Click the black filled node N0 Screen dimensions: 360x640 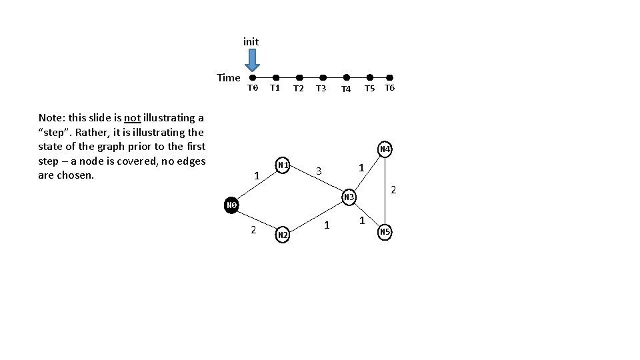point(231,205)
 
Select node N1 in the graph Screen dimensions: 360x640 point(283,165)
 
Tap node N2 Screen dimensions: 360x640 point(283,235)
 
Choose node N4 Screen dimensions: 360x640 point(385,149)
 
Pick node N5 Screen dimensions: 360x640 point(385,232)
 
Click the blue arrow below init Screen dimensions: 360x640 point(251,60)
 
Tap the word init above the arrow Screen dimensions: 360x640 point(251,41)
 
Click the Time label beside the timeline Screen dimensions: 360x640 point(228,77)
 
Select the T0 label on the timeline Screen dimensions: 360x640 point(252,88)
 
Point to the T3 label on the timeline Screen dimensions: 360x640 point(321,88)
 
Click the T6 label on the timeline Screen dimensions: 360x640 point(390,88)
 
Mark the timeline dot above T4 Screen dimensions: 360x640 point(346,77)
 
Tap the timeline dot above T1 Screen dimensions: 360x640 point(275,77)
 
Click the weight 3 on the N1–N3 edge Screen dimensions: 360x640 point(319,171)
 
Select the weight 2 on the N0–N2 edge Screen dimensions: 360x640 point(253,229)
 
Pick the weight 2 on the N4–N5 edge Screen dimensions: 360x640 point(393,190)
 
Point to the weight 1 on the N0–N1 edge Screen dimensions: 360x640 point(257,176)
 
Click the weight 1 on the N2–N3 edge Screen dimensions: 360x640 point(327,225)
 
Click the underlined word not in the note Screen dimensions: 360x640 point(132,118)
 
